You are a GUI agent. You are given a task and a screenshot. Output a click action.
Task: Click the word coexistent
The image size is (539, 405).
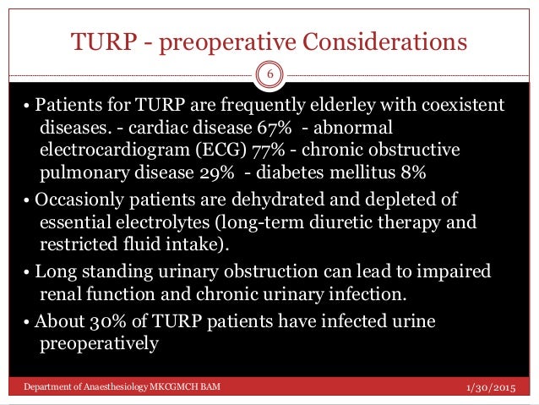[464, 105]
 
